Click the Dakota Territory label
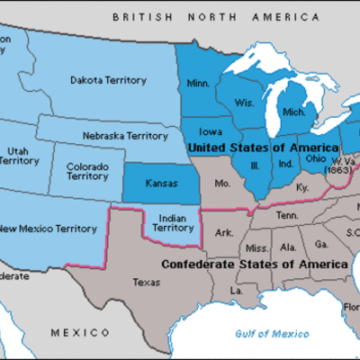pyautogui.click(x=108, y=81)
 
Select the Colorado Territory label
pyautogui.click(x=89, y=172)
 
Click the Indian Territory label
pyautogui.click(x=170, y=223)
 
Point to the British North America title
pyautogui.click(x=215, y=17)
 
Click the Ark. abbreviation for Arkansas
pyautogui.click(x=225, y=233)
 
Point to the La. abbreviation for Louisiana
pyautogui.click(x=237, y=292)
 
